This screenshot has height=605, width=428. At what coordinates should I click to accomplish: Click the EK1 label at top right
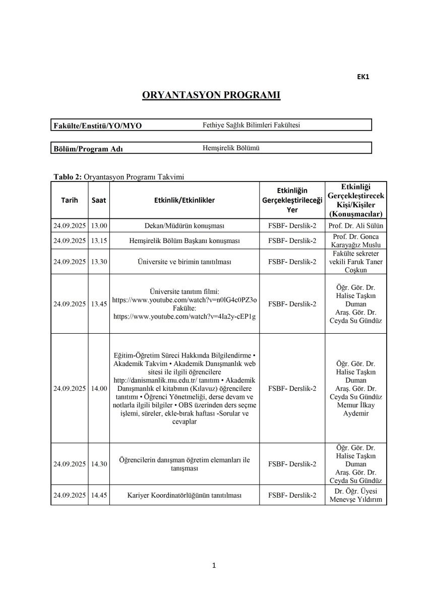pos(363,77)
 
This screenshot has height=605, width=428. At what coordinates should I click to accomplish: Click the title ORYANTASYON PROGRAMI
pos(211,95)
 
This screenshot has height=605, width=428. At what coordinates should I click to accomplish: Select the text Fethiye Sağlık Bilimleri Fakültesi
pos(251,125)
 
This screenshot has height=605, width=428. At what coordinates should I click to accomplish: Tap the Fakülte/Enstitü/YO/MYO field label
pos(98,126)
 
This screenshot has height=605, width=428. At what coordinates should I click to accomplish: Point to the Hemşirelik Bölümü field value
pos(231,148)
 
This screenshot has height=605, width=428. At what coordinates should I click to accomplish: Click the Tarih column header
pos(70,200)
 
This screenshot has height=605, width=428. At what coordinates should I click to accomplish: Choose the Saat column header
pos(99,200)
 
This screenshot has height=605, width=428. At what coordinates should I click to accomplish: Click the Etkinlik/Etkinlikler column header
pos(184,200)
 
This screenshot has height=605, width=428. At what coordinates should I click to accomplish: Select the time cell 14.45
pos(99,496)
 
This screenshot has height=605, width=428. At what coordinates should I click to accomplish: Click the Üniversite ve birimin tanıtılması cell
pos(184,262)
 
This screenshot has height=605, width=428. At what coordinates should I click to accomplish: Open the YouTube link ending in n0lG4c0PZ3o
pos(184,300)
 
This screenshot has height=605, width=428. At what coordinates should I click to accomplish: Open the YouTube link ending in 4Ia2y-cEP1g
pos(184,316)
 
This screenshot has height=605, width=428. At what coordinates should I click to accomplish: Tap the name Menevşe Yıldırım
pos(356,500)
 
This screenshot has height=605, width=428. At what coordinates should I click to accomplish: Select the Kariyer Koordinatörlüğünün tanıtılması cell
pos(184,496)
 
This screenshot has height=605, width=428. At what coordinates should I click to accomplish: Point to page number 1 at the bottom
pos(214,565)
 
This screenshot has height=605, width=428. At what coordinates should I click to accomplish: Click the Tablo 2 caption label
pos(68,176)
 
